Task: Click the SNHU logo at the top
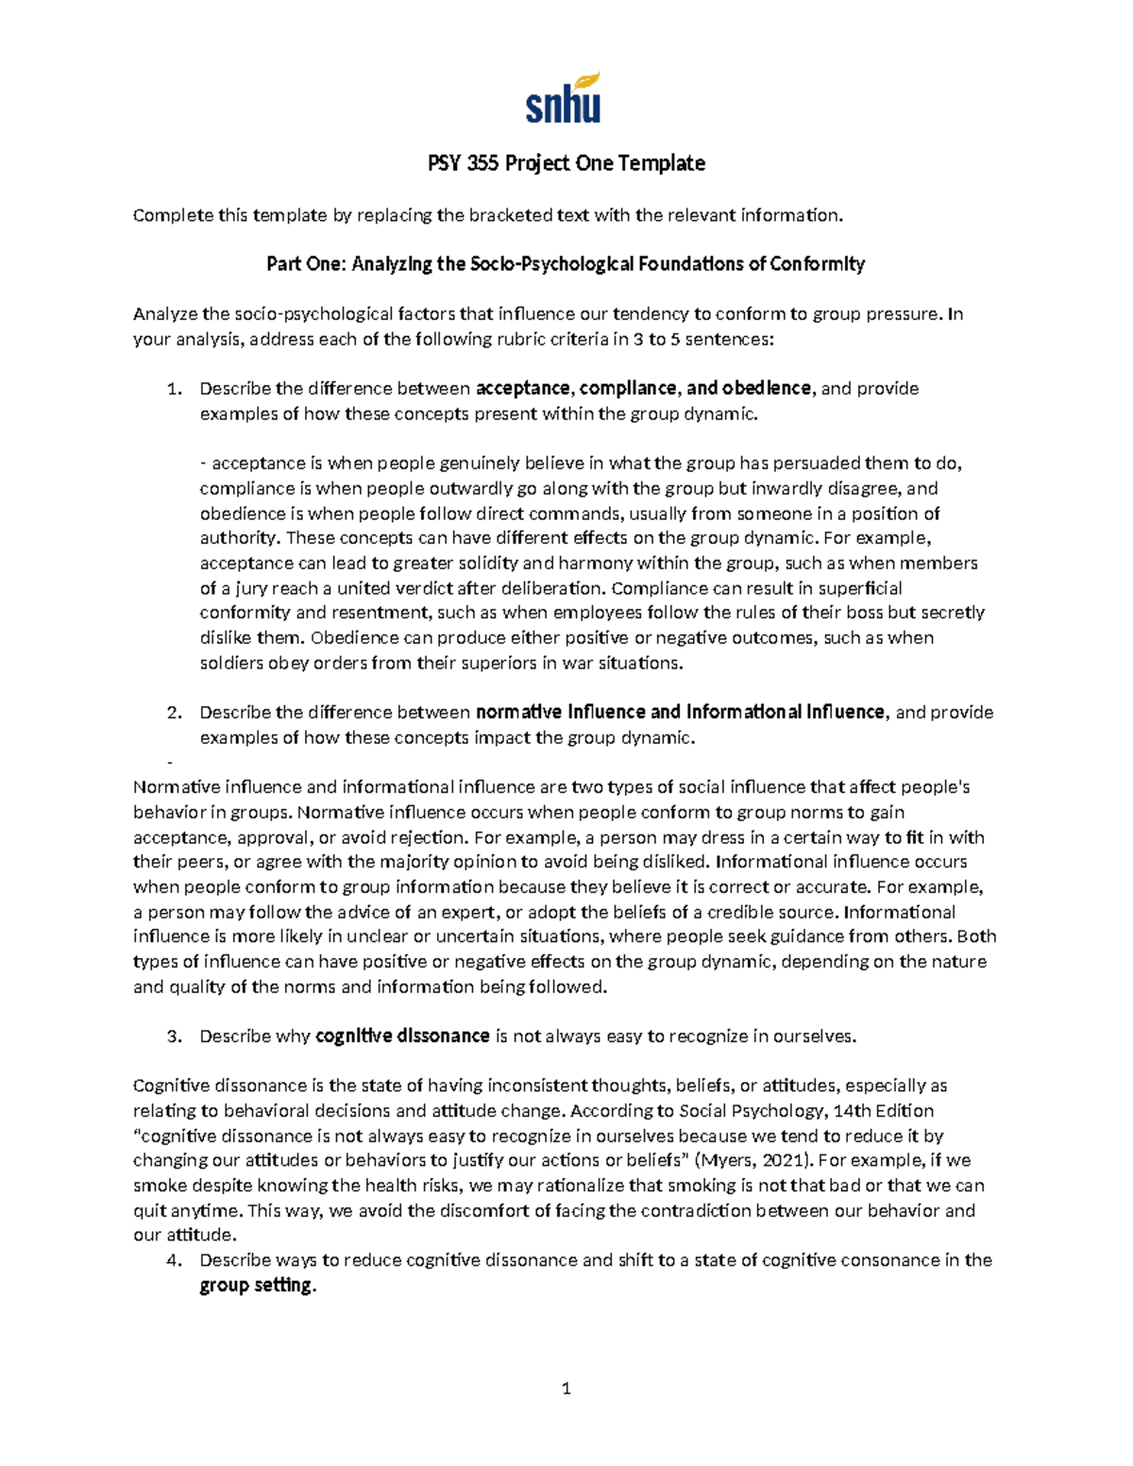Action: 563,98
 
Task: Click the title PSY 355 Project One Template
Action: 566,163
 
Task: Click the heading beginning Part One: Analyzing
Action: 566,264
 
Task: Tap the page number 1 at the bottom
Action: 566,1388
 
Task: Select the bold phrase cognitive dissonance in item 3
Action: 402,1036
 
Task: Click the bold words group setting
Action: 256,1286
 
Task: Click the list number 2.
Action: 173,713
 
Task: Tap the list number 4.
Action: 173,1260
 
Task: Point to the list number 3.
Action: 173,1036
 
